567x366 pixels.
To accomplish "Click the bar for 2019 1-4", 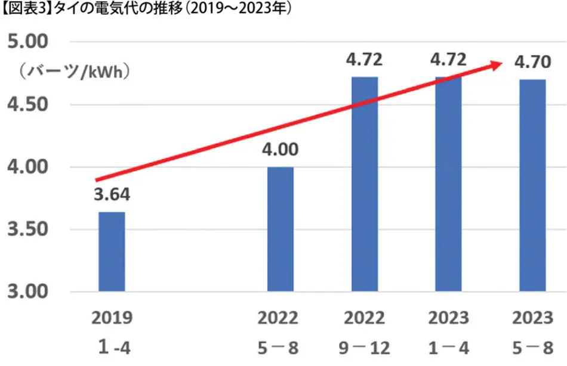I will pyautogui.click(x=112, y=252).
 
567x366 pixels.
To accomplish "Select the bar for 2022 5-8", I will pyautogui.click(x=280, y=229).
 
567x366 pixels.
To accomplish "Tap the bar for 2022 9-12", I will pyautogui.click(x=364, y=184).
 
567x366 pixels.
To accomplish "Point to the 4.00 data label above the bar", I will pyautogui.click(x=280, y=150).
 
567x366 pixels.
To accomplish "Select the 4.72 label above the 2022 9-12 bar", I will pyautogui.click(x=364, y=60).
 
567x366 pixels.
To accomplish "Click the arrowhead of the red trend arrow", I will pyautogui.click(x=495, y=64).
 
